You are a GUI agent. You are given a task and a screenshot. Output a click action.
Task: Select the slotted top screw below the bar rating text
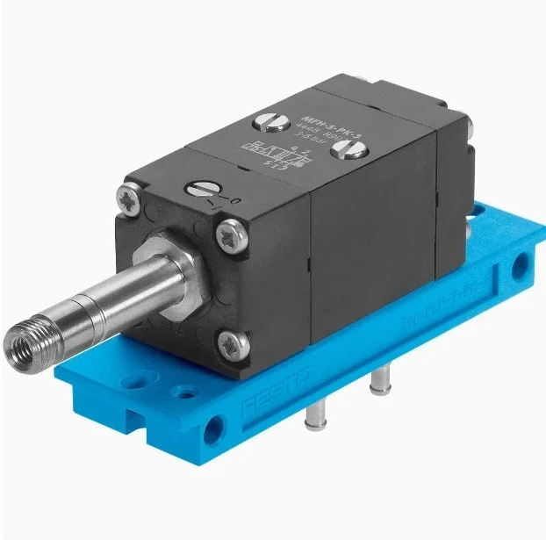[341, 151]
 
